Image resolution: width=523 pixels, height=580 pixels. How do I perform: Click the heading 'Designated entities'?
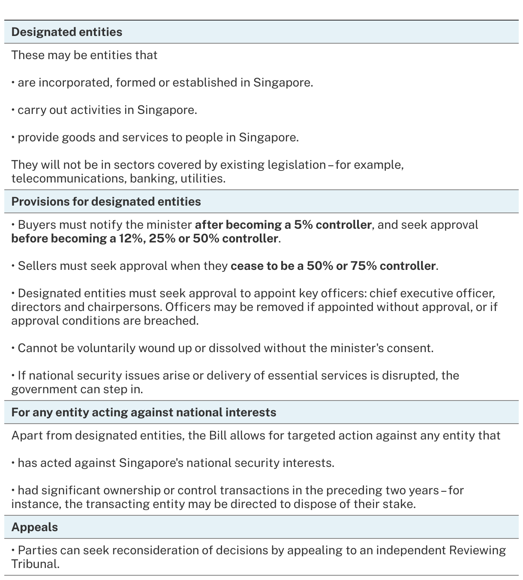click(x=67, y=32)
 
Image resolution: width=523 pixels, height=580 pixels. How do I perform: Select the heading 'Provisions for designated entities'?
click(x=106, y=202)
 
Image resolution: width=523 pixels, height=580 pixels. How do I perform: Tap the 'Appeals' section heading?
click(x=35, y=527)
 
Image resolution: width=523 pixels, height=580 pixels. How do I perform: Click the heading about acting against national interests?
click(x=144, y=413)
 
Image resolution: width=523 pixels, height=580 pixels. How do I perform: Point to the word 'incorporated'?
click(x=75, y=83)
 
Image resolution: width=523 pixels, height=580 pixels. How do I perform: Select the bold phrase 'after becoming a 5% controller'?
click(x=283, y=225)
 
